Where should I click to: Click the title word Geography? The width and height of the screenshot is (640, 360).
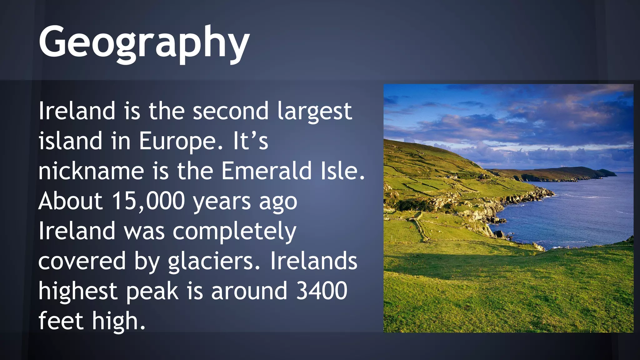[144, 42]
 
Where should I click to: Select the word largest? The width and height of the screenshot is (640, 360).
[315, 112]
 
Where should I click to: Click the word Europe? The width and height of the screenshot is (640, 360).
[177, 141]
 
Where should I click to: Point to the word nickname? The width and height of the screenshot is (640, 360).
[91, 171]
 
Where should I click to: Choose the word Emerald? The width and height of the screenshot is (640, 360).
[267, 171]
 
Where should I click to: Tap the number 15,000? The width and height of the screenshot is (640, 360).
[148, 201]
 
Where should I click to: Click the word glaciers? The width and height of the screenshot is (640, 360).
[214, 262]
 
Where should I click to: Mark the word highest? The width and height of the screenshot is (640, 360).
[78, 292]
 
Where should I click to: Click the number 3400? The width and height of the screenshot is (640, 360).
[322, 291]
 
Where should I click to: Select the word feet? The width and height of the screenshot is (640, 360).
[61, 321]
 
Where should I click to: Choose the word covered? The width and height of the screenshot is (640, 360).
[82, 261]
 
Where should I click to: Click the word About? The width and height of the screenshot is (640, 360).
[70, 201]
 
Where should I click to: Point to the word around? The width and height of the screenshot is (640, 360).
[249, 291]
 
